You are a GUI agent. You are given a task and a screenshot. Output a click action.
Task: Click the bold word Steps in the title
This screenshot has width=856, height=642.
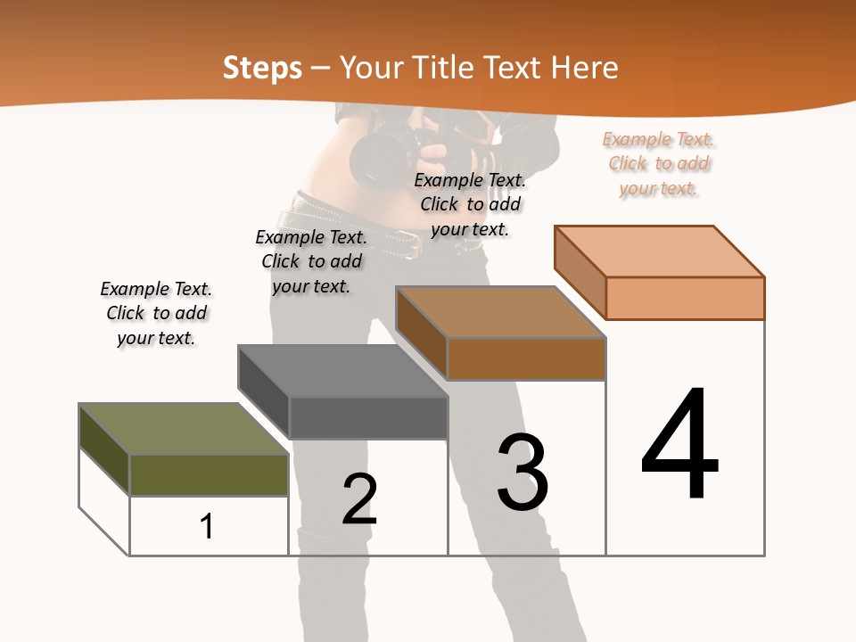tap(262, 68)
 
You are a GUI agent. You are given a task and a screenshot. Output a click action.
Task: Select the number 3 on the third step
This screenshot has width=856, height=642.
tap(523, 473)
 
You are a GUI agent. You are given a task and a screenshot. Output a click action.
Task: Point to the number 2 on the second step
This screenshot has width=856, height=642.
tap(359, 499)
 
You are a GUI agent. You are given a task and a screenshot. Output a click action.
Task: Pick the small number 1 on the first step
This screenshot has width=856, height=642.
tap(206, 526)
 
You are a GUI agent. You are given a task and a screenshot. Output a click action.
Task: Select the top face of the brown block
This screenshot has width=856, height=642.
tap(501, 312)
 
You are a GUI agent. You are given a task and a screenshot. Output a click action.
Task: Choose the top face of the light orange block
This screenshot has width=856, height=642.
tap(660, 251)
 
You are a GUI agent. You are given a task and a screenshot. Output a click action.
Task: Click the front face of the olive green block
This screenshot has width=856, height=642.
tap(209, 475)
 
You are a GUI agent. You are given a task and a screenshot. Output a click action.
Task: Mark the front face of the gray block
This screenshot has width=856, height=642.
tap(368, 417)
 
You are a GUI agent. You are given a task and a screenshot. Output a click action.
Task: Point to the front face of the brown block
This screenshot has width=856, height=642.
tap(526, 358)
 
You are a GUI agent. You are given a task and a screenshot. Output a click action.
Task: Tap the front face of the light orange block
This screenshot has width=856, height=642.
tap(685, 298)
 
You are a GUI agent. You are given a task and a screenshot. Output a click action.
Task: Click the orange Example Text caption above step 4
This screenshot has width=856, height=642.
tap(659, 163)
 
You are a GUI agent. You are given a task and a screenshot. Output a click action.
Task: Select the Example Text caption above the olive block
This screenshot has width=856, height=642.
tap(156, 313)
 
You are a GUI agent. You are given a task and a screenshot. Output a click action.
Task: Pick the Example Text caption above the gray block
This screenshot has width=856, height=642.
tap(311, 261)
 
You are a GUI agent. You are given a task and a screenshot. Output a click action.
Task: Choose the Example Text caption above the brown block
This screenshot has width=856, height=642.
tap(470, 204)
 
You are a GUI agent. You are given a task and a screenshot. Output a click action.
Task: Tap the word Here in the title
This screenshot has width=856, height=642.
tap(585, 68)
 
